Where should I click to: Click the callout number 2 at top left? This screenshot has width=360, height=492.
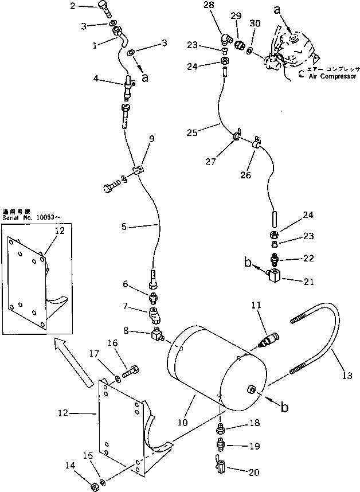(73, 7)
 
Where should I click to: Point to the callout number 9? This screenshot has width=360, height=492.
(152, 139)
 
